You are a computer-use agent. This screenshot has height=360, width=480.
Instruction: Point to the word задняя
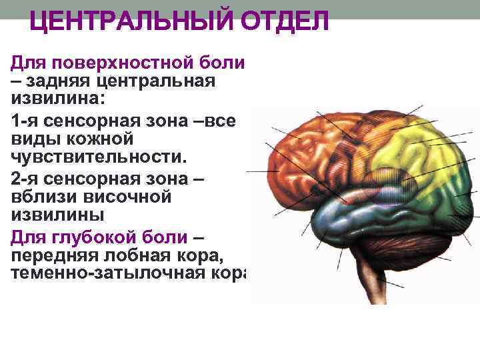click(x=55, y=81)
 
